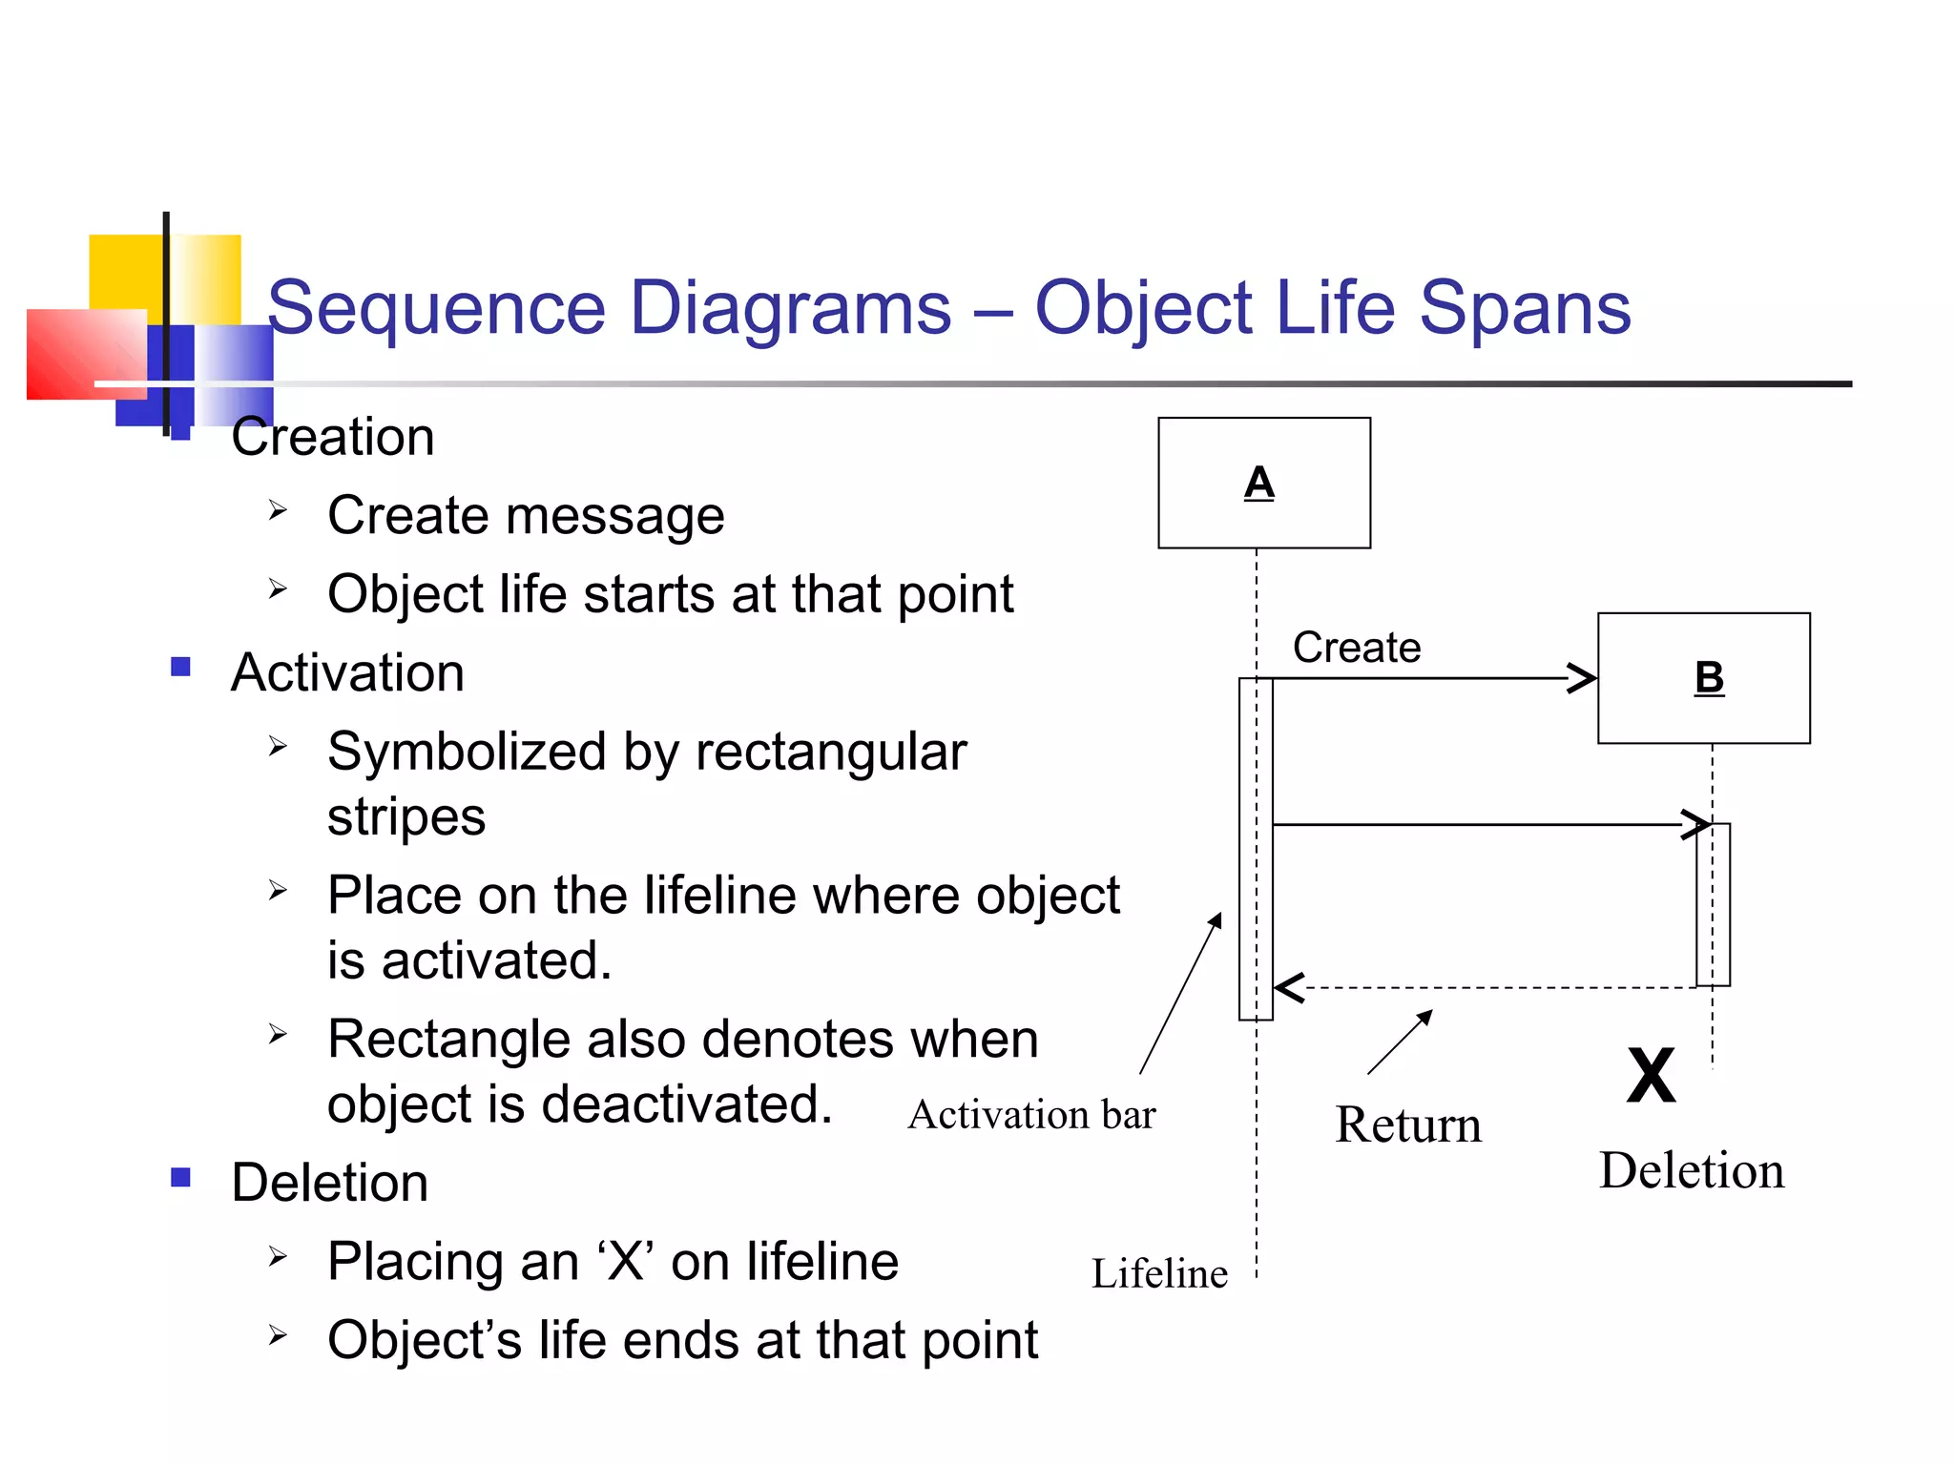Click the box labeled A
(1263, 483)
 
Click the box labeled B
(1703, 678)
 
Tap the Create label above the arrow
(1356, 648)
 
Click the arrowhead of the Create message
(1584, 678)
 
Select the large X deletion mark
(1651, 1076)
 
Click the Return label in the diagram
(1407, 1125)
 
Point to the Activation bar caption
(1031, 1115)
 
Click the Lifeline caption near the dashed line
(1158, 1274)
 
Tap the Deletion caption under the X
(1691, 1170)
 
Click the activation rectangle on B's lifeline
(1713, 904)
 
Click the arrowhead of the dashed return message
(1288, 987)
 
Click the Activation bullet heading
(347, 672)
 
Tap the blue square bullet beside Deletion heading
(180, 1177)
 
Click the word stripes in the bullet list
(406, 817)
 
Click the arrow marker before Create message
(278, 510)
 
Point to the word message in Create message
(614, 516)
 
